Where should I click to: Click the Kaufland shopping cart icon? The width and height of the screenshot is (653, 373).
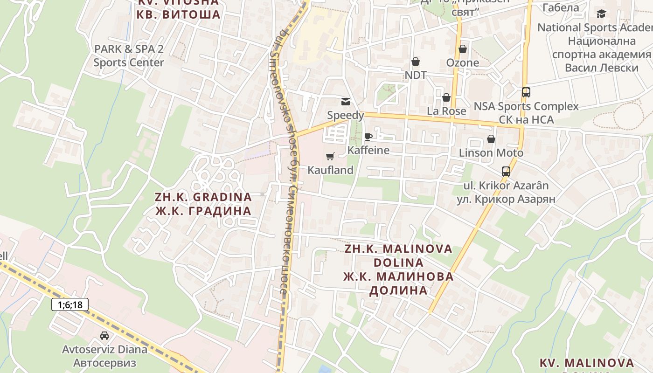(x=330, y=157)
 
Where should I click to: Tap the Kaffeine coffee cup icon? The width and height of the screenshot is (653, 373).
(x=368, y=137)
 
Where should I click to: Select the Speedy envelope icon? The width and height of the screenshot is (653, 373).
(x=346, y=102)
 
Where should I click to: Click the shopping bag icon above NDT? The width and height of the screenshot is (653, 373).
(x=415, y=62)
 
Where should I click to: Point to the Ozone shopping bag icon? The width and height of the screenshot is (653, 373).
(x=463, y=49)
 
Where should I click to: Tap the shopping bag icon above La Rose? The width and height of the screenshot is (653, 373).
(x=446, y=97)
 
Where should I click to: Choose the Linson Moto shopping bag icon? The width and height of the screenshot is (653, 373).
(x=491, y=139)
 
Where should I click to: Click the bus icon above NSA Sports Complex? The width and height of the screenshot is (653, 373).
(x=526, y=92)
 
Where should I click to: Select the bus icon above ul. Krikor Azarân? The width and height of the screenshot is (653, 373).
(x=506, y=172)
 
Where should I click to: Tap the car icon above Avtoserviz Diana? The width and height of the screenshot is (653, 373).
(x=104, y=335)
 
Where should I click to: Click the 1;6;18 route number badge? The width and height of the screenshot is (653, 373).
(x=70, y=305)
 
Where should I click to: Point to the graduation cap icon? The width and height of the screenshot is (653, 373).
(x=602, y=14)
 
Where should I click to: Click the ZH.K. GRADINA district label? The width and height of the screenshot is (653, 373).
(x=203, y=197)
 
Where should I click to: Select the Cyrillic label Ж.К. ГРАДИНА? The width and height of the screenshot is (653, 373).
(x=203, y=211)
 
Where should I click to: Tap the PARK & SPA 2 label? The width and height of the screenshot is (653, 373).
(x=129, y=49)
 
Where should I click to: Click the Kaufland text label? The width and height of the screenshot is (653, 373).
(x=330, y=170)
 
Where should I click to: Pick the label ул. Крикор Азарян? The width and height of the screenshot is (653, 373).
(x=506, y=199)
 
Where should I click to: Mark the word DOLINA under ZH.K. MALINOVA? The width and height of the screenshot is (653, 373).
(x=398, y=262)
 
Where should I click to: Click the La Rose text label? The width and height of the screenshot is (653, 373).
(x=446, y=111)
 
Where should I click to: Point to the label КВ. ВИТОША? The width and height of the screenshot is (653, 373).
(x=179, y=14)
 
